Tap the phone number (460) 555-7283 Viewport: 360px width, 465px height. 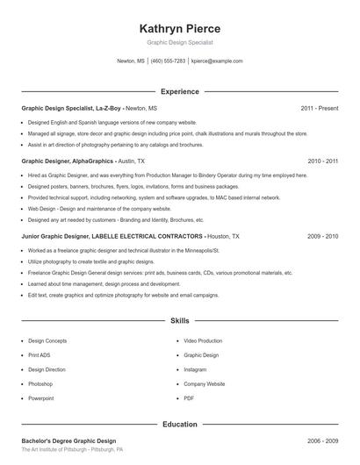click(169, 61)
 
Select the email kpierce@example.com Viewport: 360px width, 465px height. click(217, 61)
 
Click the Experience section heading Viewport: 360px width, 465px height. click(180, 91)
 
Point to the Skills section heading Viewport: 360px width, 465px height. click(180, 321)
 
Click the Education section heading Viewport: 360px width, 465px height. click(180, 425)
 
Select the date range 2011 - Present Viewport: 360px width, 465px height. click(319, 108)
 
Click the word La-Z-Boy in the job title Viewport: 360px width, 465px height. click(108, 108)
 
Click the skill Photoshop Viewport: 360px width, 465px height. click(40, 384)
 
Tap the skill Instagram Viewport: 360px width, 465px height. click(195, 369)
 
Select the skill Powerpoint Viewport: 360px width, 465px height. click(41, 398)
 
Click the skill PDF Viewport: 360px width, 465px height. click(189, 398)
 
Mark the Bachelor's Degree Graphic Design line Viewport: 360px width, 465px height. click(68, 440)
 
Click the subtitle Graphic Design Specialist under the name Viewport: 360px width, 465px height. click(180, 42)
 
